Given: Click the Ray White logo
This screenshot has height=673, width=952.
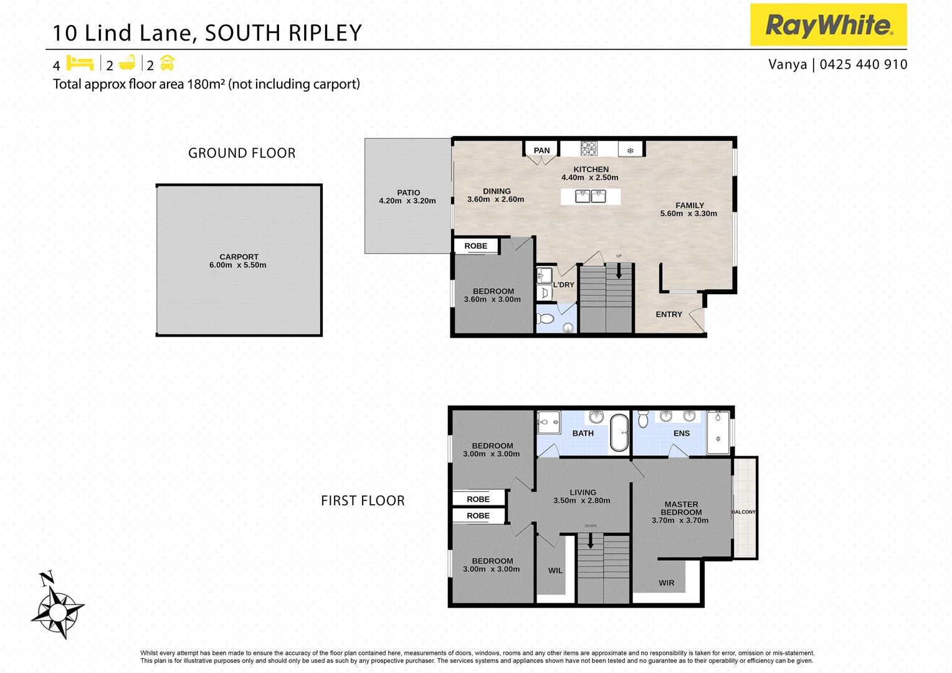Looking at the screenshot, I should click(x=828, y=25).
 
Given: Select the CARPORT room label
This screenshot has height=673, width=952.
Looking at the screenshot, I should click(x=239, y=257).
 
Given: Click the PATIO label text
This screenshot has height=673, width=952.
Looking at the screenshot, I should click(x=408, y=193).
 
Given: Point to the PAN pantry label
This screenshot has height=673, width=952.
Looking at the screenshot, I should click(x=541, y=150).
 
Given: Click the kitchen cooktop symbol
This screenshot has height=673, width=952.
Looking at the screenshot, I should click(x=589, y=148).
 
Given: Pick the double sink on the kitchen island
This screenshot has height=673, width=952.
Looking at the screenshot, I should click(x=590, y=197).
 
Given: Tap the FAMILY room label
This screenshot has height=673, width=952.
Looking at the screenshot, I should click(x=690, y=205).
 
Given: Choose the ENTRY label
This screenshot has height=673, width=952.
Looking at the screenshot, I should click(x=669, y=315).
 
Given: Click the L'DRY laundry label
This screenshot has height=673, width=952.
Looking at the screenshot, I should click(x=564, y=285).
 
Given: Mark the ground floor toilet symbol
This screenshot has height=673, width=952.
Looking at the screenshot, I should click(x=545, y=319).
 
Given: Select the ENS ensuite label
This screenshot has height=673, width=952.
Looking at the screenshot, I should click(x=682, y=433).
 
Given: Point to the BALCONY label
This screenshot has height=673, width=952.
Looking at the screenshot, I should click(x=743, y=512).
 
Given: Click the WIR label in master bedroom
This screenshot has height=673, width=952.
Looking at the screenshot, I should click(x=666, y=583).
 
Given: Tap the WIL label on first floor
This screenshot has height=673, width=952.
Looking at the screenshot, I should click(x=555, y=571).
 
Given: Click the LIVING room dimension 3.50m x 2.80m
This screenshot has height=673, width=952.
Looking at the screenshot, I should click(x=582, y=500).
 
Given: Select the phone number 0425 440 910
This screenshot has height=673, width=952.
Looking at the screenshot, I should click(x=864, y=64).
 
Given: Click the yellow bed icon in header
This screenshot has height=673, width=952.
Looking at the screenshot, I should click(x=80, y=63).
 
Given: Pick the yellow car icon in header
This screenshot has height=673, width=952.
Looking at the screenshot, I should click(x=168, y=63).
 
